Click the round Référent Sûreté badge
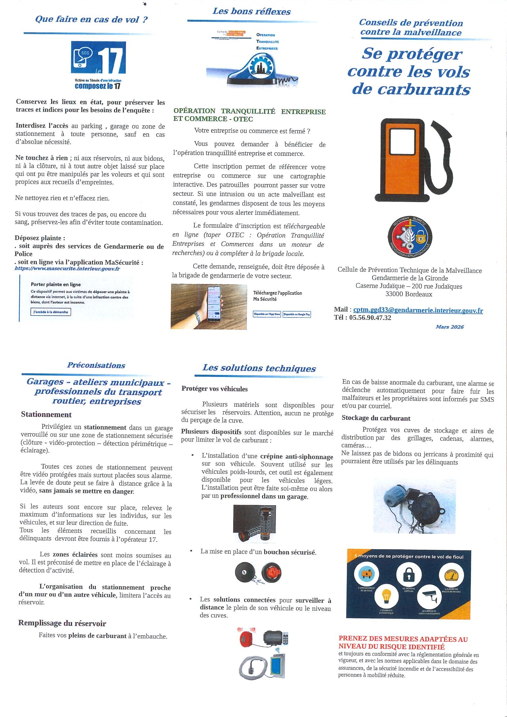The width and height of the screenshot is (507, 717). click(x=410, y=238)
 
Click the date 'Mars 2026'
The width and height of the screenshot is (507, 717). click(x=449, y=327)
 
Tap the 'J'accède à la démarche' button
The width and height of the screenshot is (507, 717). click(x=51, y=312)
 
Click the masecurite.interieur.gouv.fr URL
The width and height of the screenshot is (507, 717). click(x=67, y=268)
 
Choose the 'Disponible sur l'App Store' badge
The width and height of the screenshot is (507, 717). click(x=267, y=314)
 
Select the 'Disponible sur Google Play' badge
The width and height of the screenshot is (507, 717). click(x=297, y=314)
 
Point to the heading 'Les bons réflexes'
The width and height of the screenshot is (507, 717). click(x=251, y=12)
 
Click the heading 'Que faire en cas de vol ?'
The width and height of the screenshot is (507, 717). click(x=91, y=19)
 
